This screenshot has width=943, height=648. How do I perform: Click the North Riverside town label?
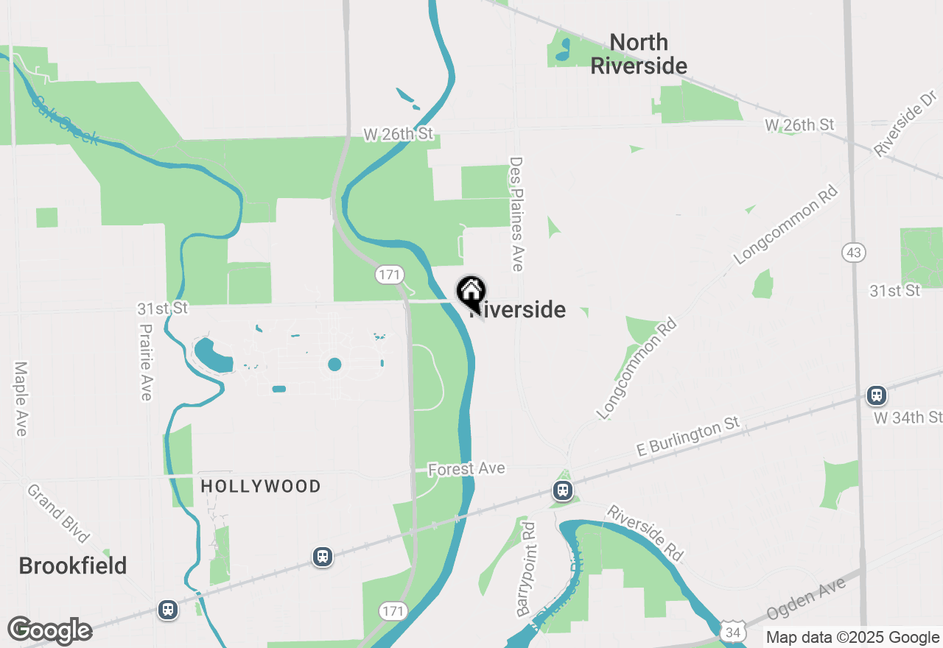coord(639,54)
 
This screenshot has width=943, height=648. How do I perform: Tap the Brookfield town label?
coord(73,566)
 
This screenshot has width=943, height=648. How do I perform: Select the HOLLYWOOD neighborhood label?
coord(261,486)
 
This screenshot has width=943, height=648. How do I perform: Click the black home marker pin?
coord(471,292)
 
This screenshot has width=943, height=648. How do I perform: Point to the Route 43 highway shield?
coord(854,253)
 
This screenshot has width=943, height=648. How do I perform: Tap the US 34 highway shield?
coord(732,632)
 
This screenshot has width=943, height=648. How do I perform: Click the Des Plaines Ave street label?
coord(516,214)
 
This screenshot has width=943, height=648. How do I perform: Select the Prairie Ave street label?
coord(146,363)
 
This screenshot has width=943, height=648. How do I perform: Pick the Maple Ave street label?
coord(21,398)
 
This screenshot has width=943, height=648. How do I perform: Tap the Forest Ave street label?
coord(466,468)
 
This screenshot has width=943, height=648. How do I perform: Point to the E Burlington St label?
coord(688,437)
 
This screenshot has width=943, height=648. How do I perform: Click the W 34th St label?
coord(908,418)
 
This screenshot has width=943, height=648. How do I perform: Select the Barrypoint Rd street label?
coord(526,568)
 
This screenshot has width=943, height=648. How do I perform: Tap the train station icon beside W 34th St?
coord(876,395)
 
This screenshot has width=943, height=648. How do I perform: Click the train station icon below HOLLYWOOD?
coord(323,556)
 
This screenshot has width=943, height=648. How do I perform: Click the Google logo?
coord(49,631)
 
